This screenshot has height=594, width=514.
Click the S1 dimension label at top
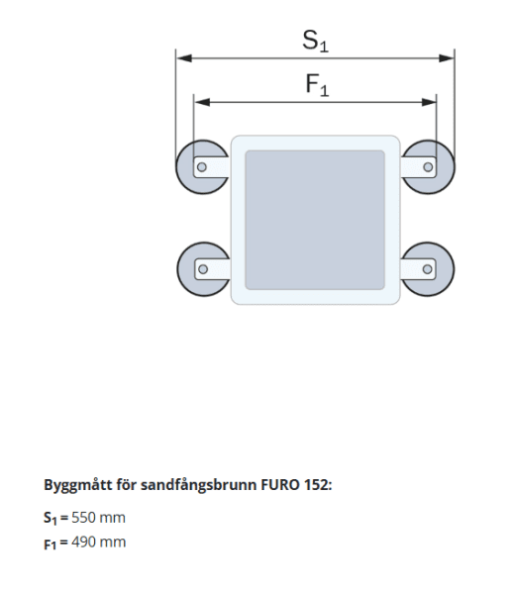point(314,42)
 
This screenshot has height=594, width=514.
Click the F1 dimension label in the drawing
point(317,86)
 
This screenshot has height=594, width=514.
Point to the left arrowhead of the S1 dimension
point(181,58)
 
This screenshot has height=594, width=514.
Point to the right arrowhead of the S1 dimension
point(449,58)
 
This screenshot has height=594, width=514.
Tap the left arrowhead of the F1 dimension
point(199,101)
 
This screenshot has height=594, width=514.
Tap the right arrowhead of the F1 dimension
point(431,101)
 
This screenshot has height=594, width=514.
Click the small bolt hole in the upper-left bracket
point(201,167)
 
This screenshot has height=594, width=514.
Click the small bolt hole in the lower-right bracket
point(428,268)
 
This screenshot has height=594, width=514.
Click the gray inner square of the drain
point(315,219)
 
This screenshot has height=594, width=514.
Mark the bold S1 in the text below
point(51,518)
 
